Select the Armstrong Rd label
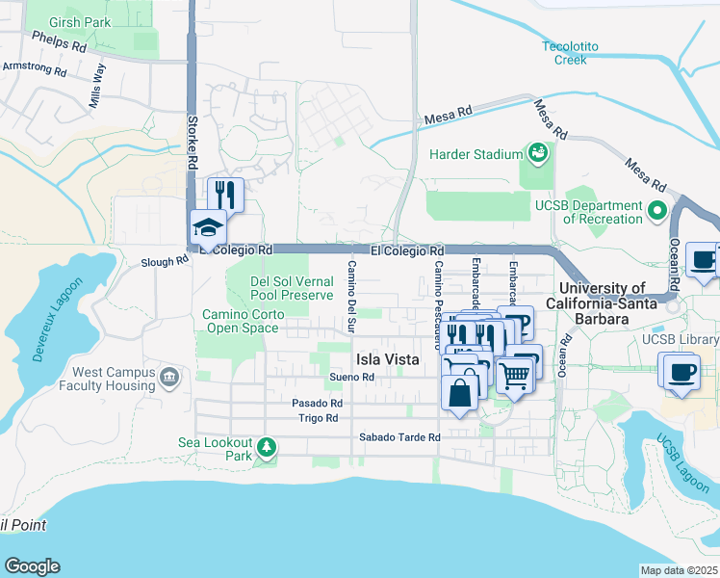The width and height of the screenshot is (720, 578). coord(34,69)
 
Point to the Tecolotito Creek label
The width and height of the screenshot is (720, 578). coord(578,52)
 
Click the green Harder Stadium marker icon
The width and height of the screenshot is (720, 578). coord(537,153)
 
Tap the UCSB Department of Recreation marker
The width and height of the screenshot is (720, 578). coord(658,209)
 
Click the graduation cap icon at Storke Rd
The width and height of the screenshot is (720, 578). coord(207,227)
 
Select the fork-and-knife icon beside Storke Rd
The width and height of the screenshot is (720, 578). coord(225,194)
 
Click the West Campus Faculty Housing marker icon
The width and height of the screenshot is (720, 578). coord(170,375)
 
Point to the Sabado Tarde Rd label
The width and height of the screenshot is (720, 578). coord(399,437)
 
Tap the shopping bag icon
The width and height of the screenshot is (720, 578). coord(458,392)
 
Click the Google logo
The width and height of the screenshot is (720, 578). coord(32,566)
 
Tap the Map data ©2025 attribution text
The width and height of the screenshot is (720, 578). coord(679,570)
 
